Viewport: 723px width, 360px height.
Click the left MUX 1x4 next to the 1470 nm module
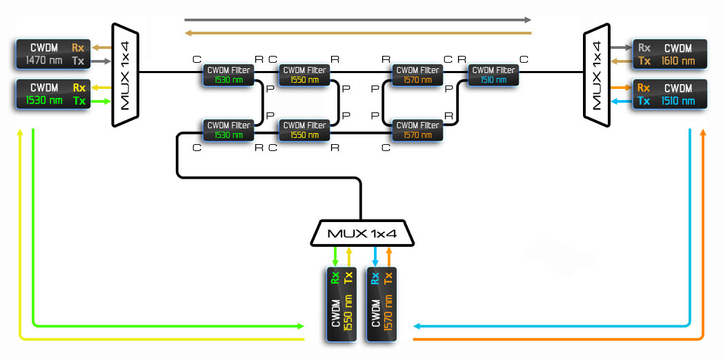126,74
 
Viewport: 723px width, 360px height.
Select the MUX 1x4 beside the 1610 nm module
596,74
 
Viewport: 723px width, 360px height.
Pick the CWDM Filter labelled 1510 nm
493,74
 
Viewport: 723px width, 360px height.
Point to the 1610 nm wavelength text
678,61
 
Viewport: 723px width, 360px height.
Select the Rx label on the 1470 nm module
79,48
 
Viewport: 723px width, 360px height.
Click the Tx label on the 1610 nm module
644,61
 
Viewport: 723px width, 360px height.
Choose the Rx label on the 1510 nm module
644,88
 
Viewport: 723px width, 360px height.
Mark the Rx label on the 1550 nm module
335,278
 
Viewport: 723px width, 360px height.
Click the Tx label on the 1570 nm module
388,278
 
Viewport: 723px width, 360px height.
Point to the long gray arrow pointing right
358,20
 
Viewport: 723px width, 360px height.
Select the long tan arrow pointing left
358,32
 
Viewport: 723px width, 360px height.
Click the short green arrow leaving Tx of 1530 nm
101,101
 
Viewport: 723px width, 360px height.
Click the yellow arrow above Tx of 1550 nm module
349,256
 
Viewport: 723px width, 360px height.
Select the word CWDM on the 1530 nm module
43,88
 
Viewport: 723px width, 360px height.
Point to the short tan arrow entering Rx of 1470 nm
101,48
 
